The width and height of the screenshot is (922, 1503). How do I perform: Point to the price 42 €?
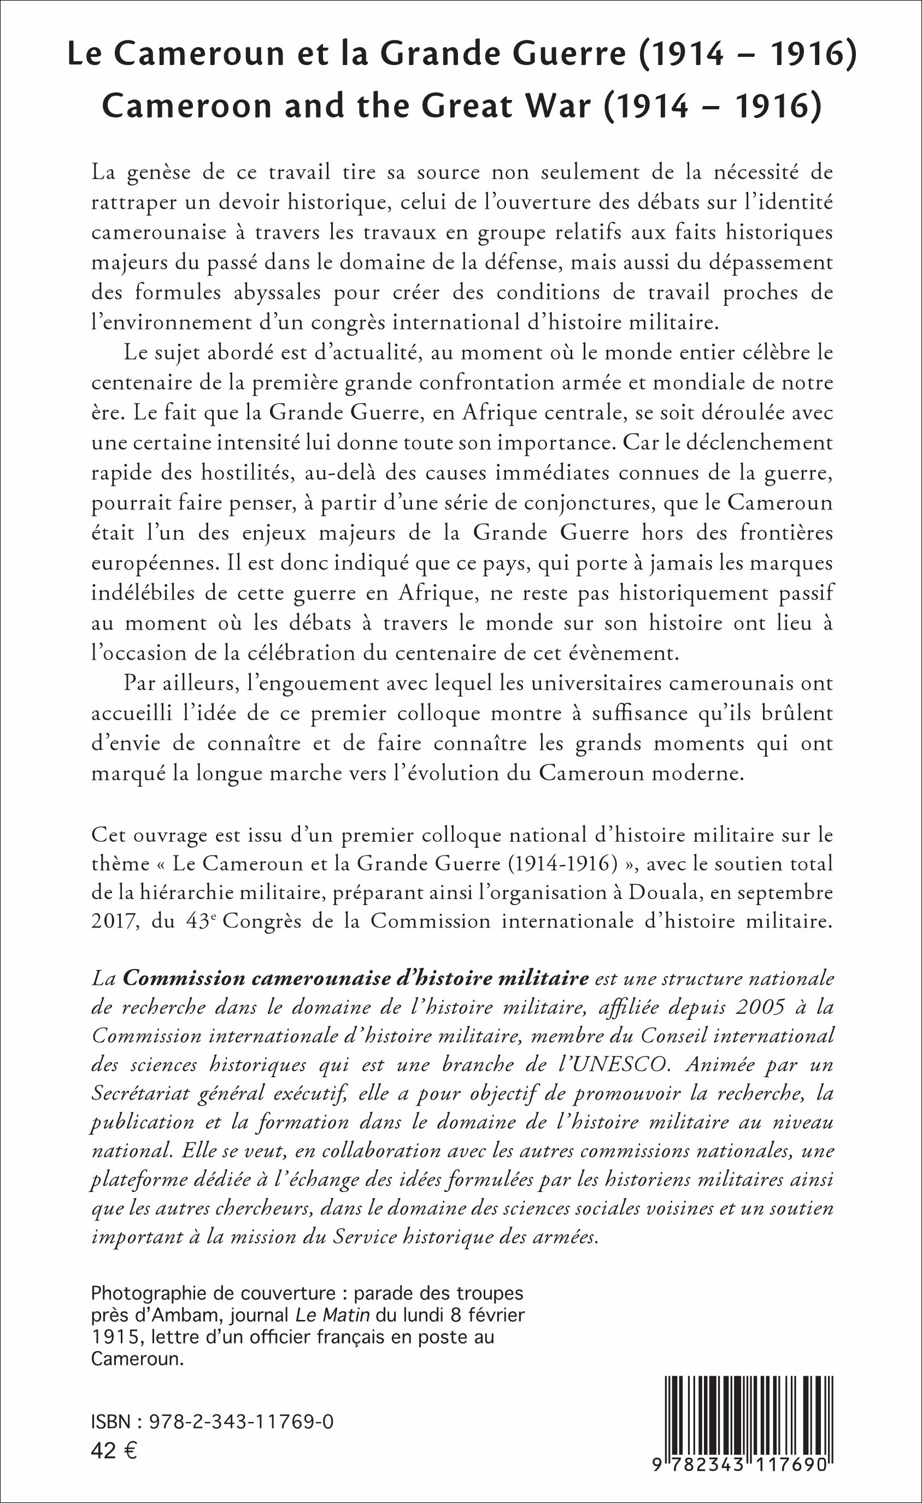click(114, 1451)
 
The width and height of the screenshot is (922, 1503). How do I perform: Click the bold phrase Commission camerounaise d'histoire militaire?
click(355, 978)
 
